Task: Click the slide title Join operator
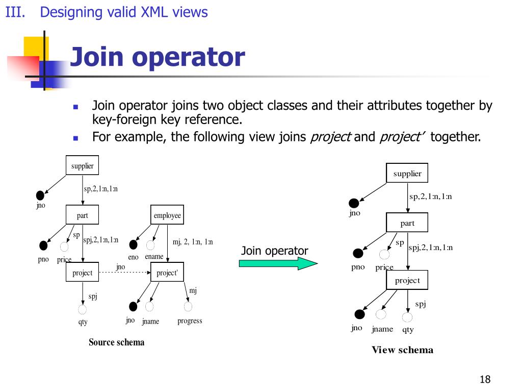point(157,57)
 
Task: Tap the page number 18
point(485,379)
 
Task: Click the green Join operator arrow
point(278,263)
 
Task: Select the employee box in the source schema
point(167,215)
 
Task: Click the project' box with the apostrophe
point(167,273)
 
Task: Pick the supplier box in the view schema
point(407,174)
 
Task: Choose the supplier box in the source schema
point(82,166)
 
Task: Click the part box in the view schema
point(407,223)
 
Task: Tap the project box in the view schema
point(407,280)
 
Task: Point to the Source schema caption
point(116,342)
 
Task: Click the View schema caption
point(402,350)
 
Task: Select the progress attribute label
point(190,321)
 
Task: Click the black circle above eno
point(134,245)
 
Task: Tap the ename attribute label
point(154,257)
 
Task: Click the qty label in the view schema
point(408,330)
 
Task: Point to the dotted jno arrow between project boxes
point(124,273)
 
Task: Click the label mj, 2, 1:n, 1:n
point(193,242)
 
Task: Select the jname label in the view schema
point(382,329)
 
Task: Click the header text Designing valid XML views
point(124,12)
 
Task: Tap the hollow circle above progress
point(188,307)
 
